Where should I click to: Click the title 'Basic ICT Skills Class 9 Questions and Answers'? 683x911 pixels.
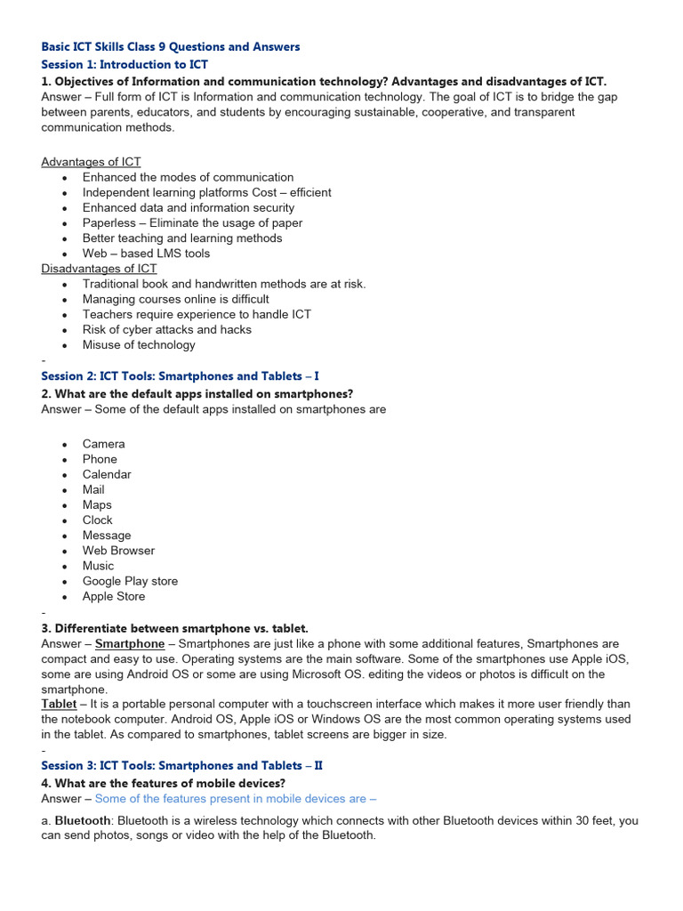point(171,46)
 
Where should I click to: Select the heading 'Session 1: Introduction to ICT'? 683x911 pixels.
point(125,65)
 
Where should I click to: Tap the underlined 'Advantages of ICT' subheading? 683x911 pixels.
point(91,162)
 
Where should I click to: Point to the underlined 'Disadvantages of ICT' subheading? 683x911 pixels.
point(99,269)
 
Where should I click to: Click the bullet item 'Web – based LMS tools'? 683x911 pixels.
point(146,254)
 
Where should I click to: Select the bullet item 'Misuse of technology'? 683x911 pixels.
point(139,345)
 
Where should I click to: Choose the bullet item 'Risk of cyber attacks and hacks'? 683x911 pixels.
point(167,330)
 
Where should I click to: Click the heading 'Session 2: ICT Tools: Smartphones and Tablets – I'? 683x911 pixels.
point(180,376)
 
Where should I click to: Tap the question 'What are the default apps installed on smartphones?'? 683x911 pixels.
point(204,394)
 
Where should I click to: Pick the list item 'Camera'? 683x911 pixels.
point(104,444)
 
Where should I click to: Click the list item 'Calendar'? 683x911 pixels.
point(107,474)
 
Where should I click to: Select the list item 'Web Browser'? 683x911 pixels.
point(118,551)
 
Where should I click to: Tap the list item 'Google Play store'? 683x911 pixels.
point(130,581)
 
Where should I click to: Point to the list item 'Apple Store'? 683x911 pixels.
point(114,596)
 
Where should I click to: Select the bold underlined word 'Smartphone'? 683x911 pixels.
point(130,644)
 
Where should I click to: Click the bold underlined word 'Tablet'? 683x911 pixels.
point(59,704)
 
